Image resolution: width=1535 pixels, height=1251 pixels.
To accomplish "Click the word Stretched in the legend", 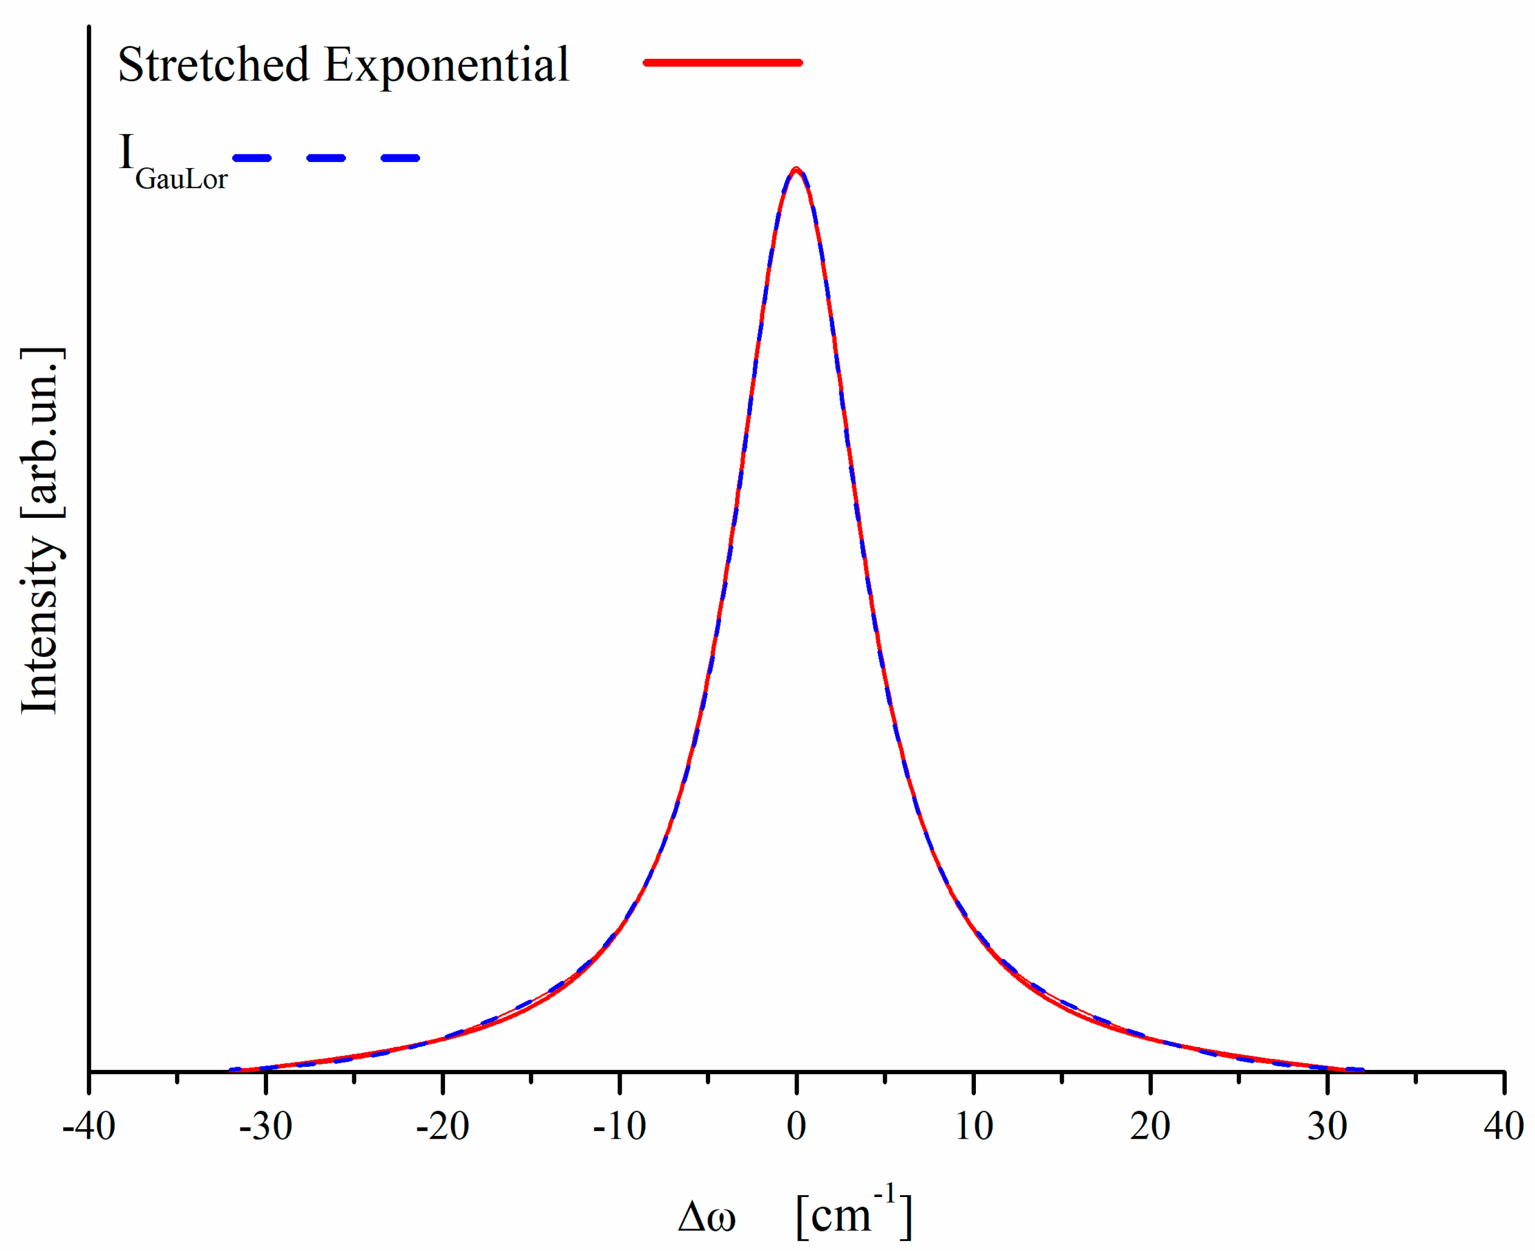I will pyautogui.click(x=214, y=65).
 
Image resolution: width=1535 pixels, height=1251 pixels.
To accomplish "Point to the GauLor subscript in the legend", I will pyautogui.click(x=181, y=179).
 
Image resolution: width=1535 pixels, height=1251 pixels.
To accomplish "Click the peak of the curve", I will pyautogui.click(x=796, y=170).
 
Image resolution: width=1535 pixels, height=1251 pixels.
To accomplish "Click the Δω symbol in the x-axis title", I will pyautogui.click(x=707, y=1217).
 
